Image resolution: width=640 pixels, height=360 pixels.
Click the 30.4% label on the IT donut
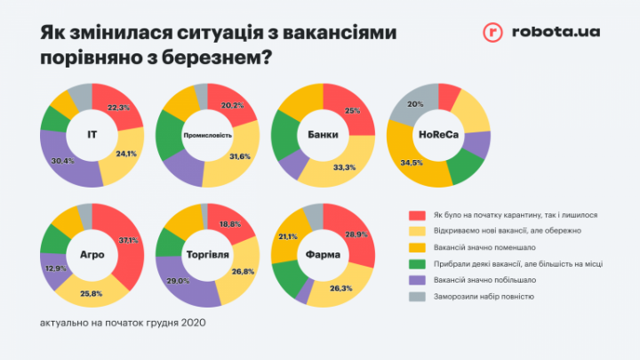(64, 160)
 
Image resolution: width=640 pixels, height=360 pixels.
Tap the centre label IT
(92, 134)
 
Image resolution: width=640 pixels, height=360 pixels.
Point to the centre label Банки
(323, 134)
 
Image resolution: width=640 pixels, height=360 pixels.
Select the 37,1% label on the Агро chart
(127, 240)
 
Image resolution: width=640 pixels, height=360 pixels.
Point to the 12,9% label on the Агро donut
(56, 268)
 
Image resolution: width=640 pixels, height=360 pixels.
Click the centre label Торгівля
(207, 254)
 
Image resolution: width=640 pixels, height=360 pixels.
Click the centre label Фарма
(323, 254)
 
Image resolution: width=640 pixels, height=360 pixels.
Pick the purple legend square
(415, 282)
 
